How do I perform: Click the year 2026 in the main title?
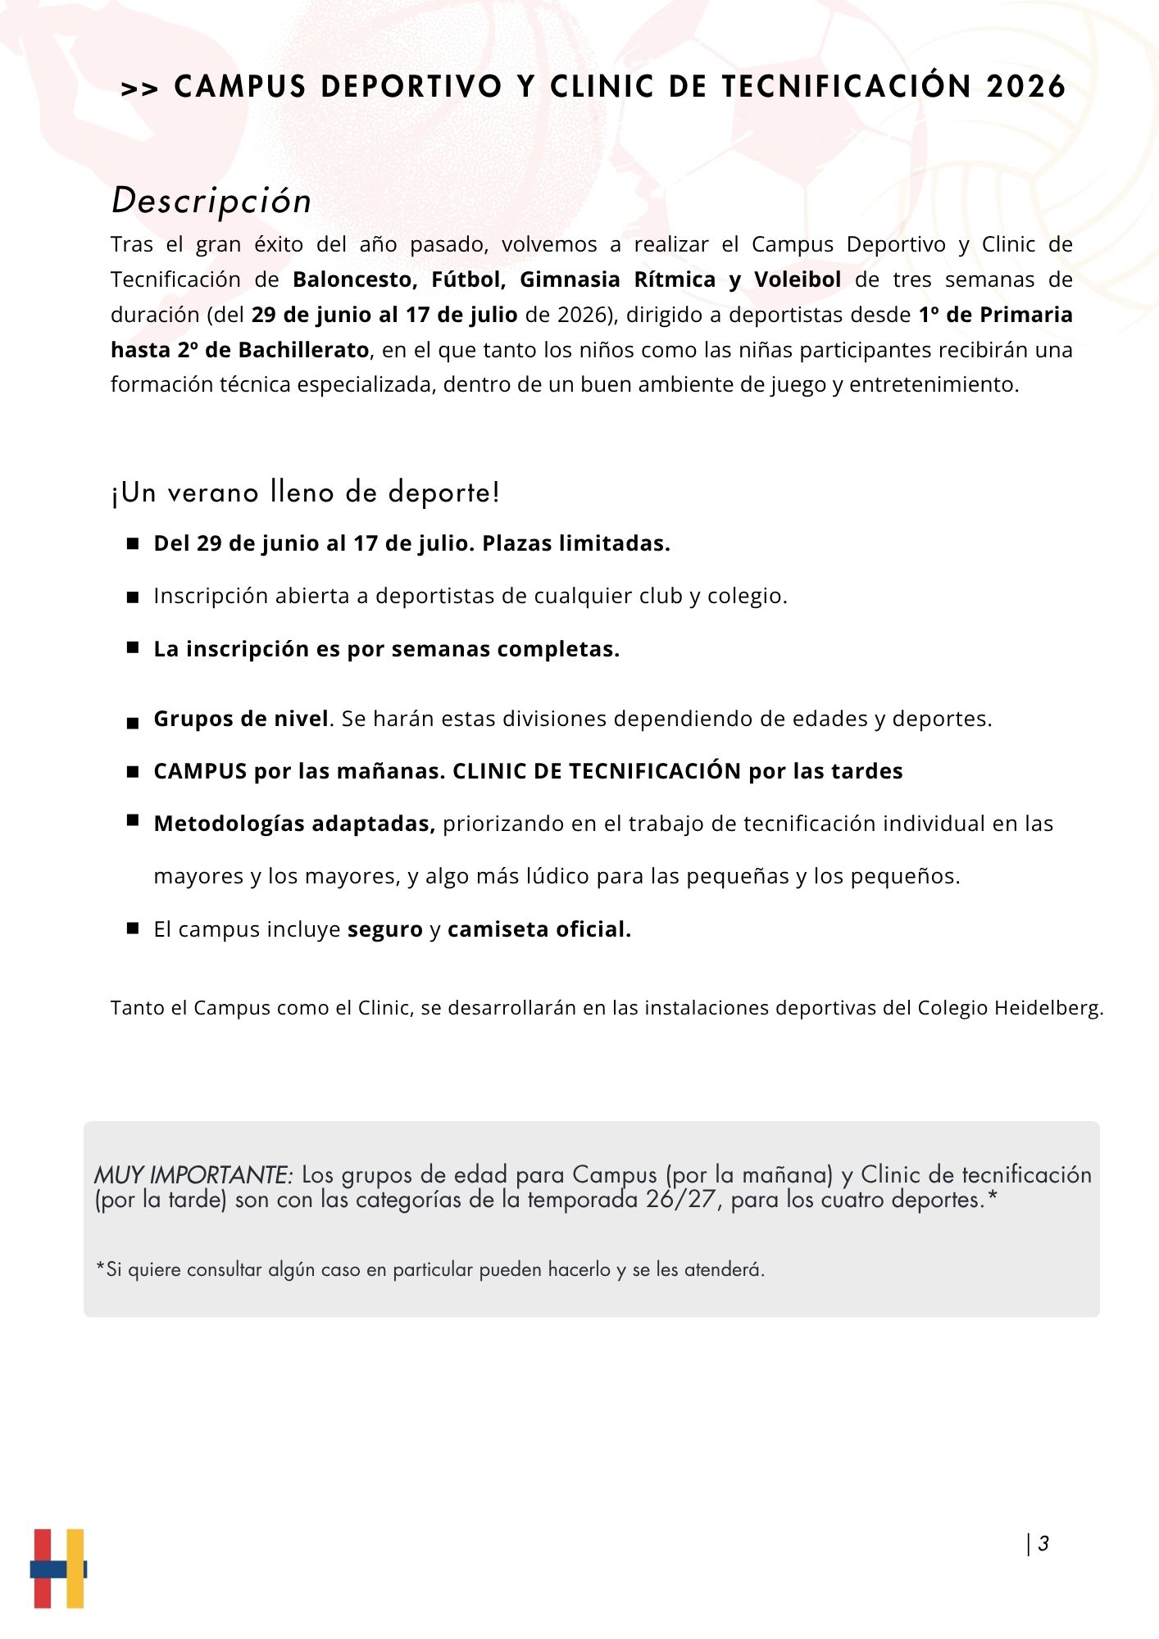point(1025,87)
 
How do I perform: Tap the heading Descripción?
point(211,201)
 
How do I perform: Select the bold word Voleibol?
point(798,279)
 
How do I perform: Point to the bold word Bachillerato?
point(303,350)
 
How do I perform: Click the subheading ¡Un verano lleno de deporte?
point(305,493)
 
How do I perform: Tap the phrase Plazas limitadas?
point(575,543)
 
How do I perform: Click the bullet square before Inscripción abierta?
point(133,597)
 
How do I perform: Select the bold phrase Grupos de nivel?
point(241,719)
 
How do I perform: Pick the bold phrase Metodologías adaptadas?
point(294,824)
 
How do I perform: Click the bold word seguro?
point(385,929)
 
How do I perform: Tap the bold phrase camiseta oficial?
point(539,929)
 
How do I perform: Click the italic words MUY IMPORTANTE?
point(193,1175)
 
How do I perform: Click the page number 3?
point(1043,1544)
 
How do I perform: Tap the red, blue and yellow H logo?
point(58,1568)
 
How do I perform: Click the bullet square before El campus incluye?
point(133,928)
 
